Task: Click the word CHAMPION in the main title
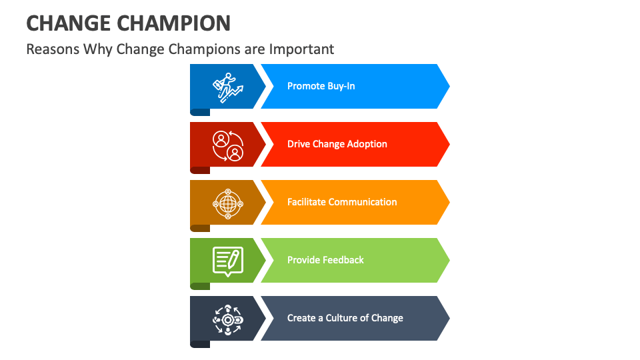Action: point(173,23)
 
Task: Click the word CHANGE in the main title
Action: point(68,23)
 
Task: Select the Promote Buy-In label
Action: point(321,86)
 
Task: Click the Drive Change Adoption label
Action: point(337,144)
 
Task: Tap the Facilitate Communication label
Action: point(342,202)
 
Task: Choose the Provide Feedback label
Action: point(325,260)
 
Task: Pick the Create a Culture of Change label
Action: point(345,318)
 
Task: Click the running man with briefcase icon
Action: point(227,87)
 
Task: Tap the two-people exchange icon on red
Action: point(227,145)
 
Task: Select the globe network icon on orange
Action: point(227,202)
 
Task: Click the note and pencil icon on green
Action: point(227,261)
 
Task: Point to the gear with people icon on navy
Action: point(227,319)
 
